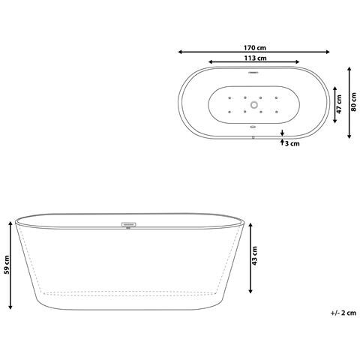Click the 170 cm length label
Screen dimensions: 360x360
click(255, 46)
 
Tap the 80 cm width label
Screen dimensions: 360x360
click(359, 102)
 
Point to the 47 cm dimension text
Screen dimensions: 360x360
click(339, 103)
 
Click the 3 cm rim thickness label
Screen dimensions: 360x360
click(292, 142)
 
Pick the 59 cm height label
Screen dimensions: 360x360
click(6, 266)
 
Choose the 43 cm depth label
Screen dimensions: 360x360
click(255, 256)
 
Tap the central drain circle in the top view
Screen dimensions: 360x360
click(254, 105)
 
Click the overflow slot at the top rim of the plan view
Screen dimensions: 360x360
click(254, 73)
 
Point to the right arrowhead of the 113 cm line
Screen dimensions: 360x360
click(299, 62)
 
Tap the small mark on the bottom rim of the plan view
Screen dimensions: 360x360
click(254, 136)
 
